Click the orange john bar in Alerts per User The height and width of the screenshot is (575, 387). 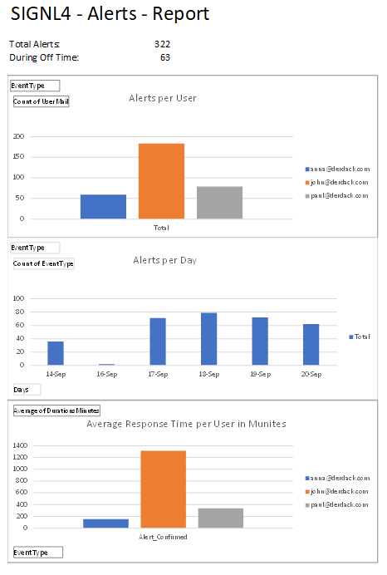click(x=161, y=181)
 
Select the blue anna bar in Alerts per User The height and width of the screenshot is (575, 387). click(x=103, y=207)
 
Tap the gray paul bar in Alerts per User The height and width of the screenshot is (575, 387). click(x=219, y=203)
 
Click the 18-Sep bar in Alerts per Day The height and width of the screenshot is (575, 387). click(x=209, y=339)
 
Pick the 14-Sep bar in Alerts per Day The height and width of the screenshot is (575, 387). click(x=56, y=353)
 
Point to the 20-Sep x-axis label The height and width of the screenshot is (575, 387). click(x=311, y=374)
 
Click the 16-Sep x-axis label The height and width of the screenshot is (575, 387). click(x=106, y=374)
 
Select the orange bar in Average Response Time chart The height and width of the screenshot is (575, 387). click(x=164, y=489)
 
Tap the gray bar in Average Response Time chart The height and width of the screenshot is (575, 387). click(x=221, y=518)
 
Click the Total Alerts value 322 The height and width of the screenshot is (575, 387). click(x=162, y=44)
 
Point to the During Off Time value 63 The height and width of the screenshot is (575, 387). click(x=165, y=57)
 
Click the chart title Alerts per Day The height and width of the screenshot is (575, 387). click(x=165, y=260)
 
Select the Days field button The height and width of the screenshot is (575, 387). click(x=27, y=390)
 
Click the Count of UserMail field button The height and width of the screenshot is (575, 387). click(x=41, y=101)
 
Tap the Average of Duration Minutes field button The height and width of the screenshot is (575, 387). click(x=56, y=410)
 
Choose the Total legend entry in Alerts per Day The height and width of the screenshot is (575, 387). click(x=360, y=337)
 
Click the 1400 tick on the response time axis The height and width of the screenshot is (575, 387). click(x=20, y=445)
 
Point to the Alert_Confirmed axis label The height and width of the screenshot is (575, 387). click(x=163, y=537)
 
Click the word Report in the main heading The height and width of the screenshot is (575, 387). click(x=181, y=13)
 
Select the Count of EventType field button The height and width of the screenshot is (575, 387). click(x=44, y=263)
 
